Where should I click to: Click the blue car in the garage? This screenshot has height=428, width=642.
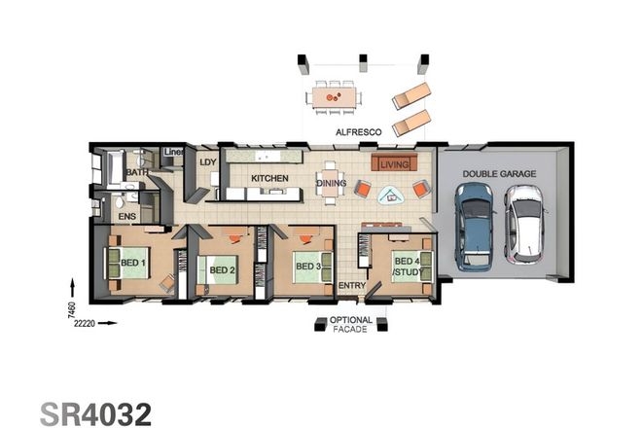(474, 227)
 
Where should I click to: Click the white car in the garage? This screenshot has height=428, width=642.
(522, 225)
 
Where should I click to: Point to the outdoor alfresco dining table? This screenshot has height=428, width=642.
(334, 96)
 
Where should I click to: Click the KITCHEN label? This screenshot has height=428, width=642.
(269, 179)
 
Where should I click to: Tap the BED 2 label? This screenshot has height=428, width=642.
(224, 269)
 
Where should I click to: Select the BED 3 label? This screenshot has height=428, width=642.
(308, 266)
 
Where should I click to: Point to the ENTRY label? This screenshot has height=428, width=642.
(350, 286)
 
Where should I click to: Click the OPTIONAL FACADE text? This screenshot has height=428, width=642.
(351, 326)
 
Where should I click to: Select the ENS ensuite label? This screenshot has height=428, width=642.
(127, 216)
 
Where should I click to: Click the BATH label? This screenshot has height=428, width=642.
(136, 173)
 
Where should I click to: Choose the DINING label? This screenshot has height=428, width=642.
(331, 182)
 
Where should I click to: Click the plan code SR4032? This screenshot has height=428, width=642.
(95, 412)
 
